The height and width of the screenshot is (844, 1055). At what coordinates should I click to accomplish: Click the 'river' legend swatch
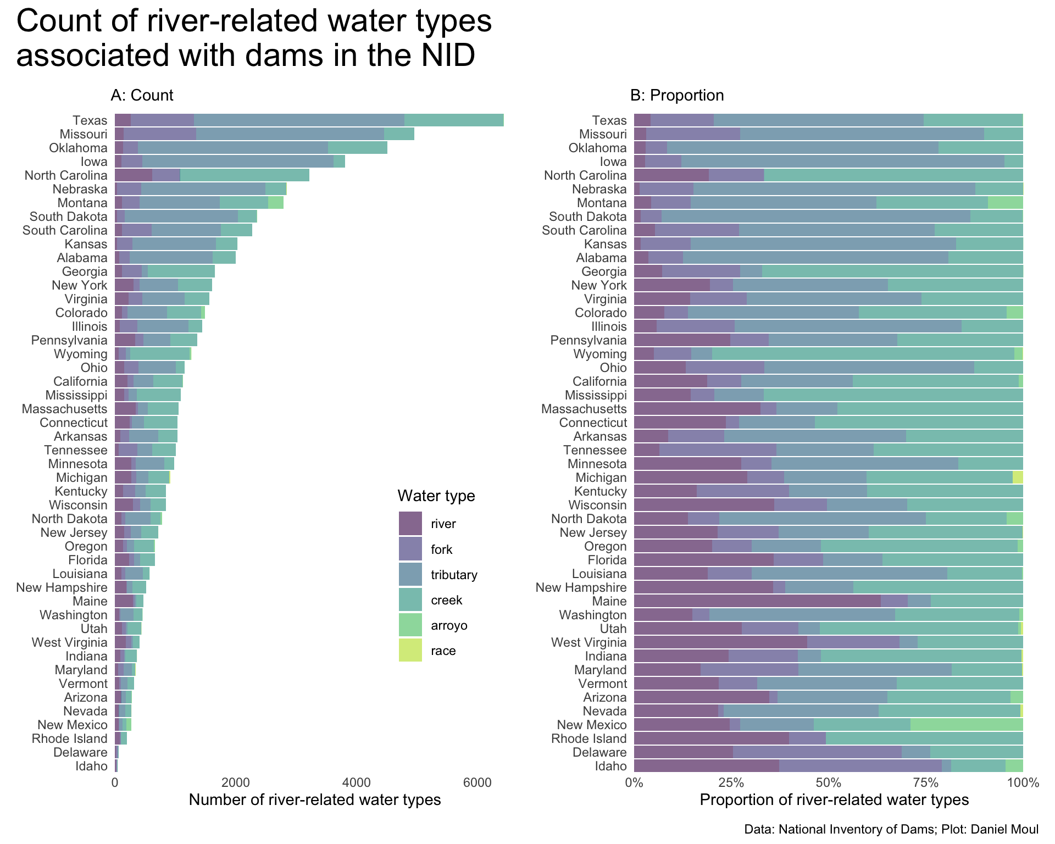coord(410,523)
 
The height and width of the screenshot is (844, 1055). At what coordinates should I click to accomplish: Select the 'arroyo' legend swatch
coord(410,625)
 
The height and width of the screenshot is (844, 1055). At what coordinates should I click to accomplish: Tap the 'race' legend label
coord(443,651)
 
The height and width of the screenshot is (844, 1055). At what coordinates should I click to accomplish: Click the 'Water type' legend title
coord(436,496)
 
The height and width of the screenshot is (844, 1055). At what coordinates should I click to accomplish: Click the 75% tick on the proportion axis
coord(926,782)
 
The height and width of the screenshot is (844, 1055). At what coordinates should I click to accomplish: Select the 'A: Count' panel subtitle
coord(142,96)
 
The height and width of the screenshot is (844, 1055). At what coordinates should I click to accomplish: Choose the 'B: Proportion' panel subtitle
coord(677,96)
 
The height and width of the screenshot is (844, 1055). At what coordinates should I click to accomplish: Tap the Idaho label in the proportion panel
coord(611,766)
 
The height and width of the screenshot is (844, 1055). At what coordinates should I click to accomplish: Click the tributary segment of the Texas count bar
coord(299,120)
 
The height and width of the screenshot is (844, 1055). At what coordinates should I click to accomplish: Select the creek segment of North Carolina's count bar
coord(245,175)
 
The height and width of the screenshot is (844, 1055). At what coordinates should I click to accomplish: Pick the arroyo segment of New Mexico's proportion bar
coord(967,725)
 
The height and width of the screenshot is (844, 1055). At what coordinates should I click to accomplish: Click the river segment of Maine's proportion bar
coord(757,601)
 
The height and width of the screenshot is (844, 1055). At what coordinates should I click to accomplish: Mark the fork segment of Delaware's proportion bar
coord(817,752)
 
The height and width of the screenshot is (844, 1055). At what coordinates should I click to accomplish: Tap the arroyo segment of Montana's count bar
coord(276,203)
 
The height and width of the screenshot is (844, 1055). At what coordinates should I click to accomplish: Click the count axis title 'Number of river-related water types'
coord(315,800)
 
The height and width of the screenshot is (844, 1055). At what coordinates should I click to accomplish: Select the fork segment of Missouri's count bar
coord(160,134)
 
